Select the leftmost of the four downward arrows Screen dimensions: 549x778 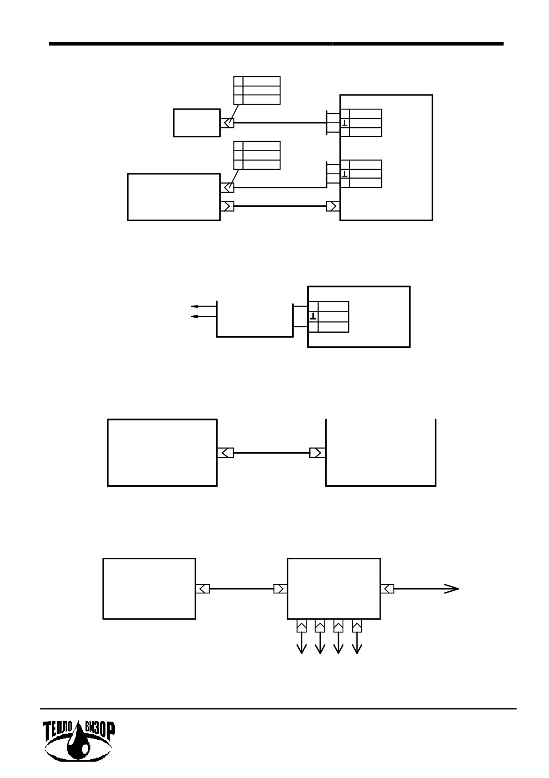point(301,643)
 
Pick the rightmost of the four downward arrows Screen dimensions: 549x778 point(357,643)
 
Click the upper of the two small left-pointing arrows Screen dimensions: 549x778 point(203,306)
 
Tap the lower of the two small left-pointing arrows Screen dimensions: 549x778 point(203,316)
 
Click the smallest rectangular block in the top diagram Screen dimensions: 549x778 point(197,123)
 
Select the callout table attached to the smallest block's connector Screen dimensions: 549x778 point(257,90)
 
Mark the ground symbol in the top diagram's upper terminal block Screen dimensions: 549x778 point(345,122)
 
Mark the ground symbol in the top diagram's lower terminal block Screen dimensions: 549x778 point(345,173)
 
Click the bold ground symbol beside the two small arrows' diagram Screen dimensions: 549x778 point(313,316)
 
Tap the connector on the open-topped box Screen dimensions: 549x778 point(318,453)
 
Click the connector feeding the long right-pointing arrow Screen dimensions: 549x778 point(387,589)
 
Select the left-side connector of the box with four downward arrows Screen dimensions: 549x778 point(281,589)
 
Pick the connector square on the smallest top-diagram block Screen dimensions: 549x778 point(227,123)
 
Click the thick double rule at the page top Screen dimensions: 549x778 point(276,44)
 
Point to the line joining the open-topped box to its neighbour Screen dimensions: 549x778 point(272,453)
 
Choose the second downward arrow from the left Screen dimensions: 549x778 point(320,643)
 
